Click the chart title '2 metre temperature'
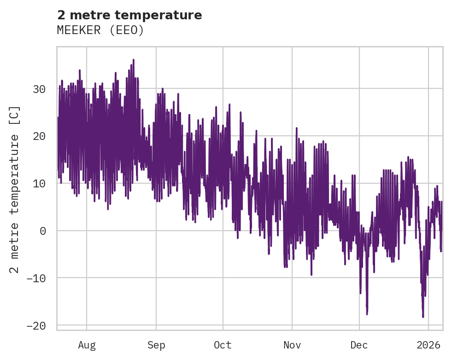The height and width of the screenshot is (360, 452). [129, 15]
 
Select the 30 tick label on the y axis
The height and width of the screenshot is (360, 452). [39, 89]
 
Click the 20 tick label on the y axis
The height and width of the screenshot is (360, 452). [39, 136]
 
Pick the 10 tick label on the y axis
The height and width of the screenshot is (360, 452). [39, 184]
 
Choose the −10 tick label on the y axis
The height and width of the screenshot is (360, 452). [36, 278]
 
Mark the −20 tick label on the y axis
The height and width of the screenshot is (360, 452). [36, 325]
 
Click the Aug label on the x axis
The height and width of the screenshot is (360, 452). [87, 345]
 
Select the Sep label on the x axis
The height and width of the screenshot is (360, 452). [156, 345]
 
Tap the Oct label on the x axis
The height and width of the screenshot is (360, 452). [223, 345]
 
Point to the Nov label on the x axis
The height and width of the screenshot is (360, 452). [292, 345]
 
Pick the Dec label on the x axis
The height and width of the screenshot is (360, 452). [359, 345]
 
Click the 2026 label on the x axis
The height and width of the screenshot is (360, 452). [429, 345]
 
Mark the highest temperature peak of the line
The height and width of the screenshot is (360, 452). [133, 60]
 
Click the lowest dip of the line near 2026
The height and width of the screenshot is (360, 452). [423, 317]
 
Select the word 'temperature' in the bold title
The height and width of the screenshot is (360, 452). [168, 15]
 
